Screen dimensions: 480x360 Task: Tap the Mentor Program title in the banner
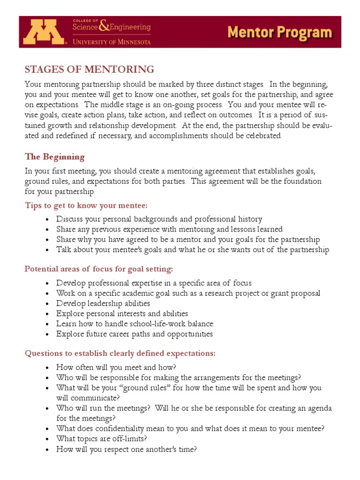[x=280, y=32]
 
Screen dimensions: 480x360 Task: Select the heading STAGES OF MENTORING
[x=89, y=69]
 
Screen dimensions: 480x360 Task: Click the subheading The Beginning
[x=54, y=157]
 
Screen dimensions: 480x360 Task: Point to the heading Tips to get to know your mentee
[x=86, y=205]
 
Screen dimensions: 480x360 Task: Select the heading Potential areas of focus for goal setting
[x=98, y=269]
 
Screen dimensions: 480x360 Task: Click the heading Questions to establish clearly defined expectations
[x=120, y=353]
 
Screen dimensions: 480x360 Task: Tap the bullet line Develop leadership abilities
[x=103, y=303]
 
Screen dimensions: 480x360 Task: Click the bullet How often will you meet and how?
[x=116, y=367]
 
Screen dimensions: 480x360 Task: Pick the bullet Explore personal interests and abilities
[x=122, y=314]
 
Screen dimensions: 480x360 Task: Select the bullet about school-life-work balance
[x=135, y=324]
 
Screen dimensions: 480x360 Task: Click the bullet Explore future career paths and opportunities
[x=135, y=334]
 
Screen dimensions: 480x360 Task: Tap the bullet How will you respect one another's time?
[x=126, y=449]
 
